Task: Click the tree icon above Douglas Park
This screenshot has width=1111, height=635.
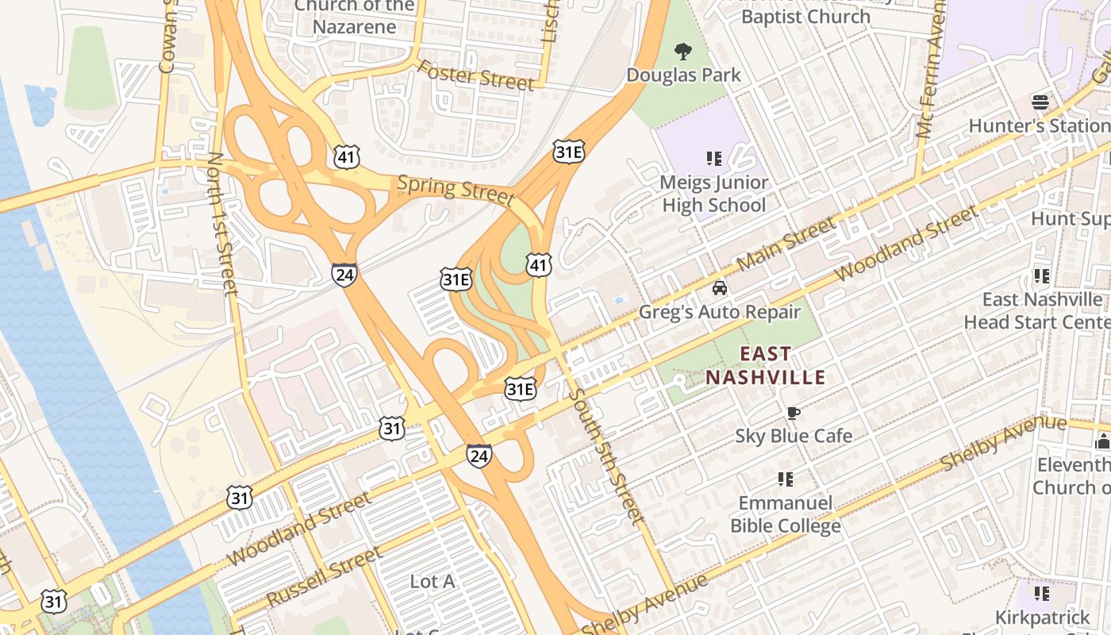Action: (x=682, y=52)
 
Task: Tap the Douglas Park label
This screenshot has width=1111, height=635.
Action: (x=683, y=75)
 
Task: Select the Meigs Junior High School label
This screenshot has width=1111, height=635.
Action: (x=713, y=194)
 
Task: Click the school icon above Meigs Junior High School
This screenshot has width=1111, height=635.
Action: (x=714, y=159)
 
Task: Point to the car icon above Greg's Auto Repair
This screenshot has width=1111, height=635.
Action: (x=719, y=288)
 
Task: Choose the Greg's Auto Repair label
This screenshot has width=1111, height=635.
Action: (x=720, y=312)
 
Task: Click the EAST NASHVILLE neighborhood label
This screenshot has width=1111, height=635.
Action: (x=766, y=365)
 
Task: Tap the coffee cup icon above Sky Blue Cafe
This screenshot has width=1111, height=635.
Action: (x=792, y=413)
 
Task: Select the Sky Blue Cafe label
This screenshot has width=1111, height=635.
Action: (x=794, y=436)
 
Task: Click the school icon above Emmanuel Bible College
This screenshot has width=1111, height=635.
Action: (x=786, y=479)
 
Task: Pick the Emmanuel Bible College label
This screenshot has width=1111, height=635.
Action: (x=785, y=514)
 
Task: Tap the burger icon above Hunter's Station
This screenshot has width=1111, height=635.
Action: (x=1040, y=102)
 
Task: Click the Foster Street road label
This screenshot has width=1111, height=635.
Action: (x=475, y=75)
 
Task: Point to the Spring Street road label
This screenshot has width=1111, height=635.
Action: (x=456, y=189)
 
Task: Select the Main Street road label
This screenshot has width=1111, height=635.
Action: (x=786, y=243)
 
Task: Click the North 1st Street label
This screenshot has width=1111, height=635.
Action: (x=222, y=224)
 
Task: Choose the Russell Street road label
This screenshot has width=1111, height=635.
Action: (x=324, y=576)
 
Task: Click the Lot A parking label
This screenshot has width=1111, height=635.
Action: (x=432, y=582)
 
